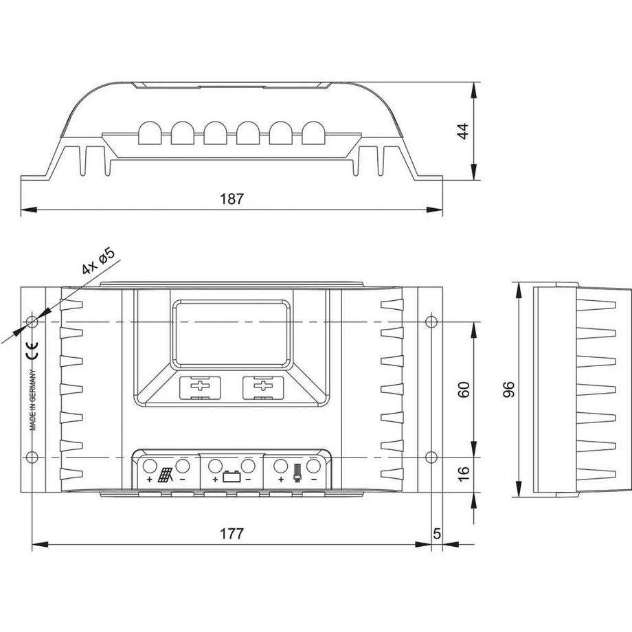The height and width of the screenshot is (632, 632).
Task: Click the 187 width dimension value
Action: [x=232, y=199]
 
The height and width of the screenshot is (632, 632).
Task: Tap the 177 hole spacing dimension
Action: [x=232, y=534]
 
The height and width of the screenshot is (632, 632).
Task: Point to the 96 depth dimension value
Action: [x=508, y=390]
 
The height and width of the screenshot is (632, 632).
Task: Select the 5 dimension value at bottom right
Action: [x=437, y=534]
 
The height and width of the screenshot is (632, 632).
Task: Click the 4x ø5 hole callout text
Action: [x=97, y=262]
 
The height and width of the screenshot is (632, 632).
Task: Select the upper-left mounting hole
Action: [x=32, y=321]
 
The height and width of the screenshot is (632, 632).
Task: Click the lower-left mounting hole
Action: [x=32, y=458]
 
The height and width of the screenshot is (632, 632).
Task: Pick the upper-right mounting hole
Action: [x=431, y=321]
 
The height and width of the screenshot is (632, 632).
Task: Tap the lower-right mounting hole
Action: [x=431, y=458]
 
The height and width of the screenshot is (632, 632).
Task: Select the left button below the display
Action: [x=200, y=387]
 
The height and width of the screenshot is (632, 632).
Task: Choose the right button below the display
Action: [x=262, y=387]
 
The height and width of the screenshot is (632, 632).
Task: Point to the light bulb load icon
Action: [x=297, y=473]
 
